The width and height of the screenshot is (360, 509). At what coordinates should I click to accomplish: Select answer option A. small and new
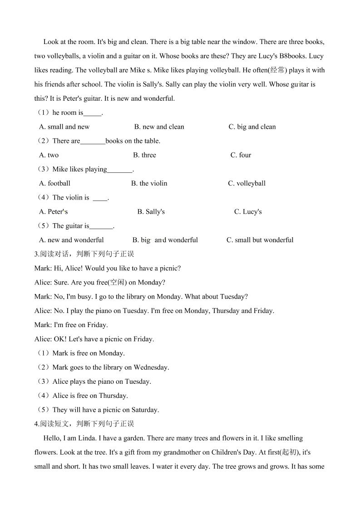click(64, 127)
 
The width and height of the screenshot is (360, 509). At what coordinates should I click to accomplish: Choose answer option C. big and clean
click(252, 127)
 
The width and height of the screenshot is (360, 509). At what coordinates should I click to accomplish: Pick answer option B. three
click(144, 155)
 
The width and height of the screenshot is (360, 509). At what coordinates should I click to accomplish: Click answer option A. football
click(55, 183)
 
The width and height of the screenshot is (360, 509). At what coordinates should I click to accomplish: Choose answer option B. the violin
click(149, 183)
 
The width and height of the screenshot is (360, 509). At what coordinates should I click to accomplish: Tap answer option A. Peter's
click(54, 212)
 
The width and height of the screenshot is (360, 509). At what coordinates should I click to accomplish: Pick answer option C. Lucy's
click(248, 212)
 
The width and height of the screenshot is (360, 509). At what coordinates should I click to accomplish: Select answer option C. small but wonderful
click(260, 240)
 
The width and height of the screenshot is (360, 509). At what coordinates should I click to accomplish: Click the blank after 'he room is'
click(93, 113)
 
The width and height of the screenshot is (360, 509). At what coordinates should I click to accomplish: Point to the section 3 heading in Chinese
click(84, 254)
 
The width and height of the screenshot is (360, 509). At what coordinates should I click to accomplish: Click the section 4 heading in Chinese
click(84, 424)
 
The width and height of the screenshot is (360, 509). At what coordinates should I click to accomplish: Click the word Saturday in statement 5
click(143, 410)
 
